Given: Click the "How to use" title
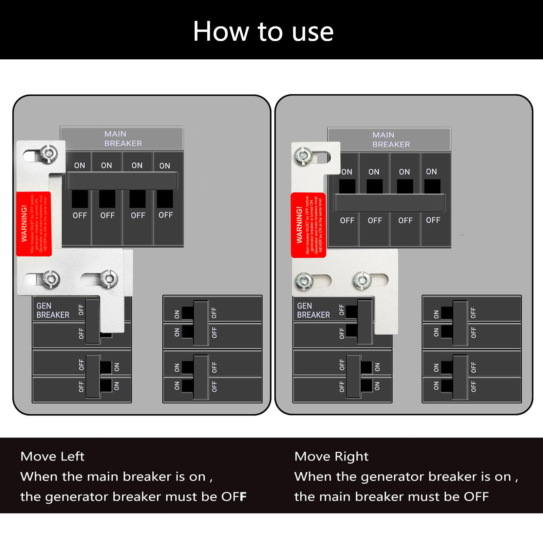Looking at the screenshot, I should pyautogui.click(x=263, y=31).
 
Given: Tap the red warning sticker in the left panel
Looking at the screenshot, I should pyautogui.click(x=34, y=224).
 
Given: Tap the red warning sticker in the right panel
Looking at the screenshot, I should pyautogui.click(x=308, y=225).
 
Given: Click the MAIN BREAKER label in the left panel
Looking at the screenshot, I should pyautogui.click(x=123, y=138).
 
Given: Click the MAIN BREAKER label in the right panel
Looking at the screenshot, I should pyautogui.click(x=391, y=139).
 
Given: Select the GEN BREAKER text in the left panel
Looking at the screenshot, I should pyautogui.click(x=53, y=310).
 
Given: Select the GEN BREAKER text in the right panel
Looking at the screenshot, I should pyautogui.click(x=313, y=310).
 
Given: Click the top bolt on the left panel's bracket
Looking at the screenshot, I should pyautogui.click(x=49, y=153).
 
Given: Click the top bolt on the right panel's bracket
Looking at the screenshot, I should pyautogui.click(x=303, y=156).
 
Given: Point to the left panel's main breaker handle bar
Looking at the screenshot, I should pyautogui.click(x=121, y=181).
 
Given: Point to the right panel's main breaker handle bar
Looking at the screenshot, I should pyautogui.click(x=389, y=203).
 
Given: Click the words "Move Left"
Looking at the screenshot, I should pyautogui.click(x=52, y=456).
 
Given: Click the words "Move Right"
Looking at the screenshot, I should pyautogui.click(x=331, y=456).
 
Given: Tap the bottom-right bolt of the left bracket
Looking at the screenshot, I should pyautogui.click(x=109, y=279).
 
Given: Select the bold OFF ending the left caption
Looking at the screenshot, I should pyautogui.click(x=234, y=497).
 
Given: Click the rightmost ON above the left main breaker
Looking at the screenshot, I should pyautogui.click(x=165, y=166).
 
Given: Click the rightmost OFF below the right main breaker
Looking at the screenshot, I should pyautogui.click(x=433, y=220).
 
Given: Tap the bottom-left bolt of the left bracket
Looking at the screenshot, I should pyautogui.click(x=51, y=279).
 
